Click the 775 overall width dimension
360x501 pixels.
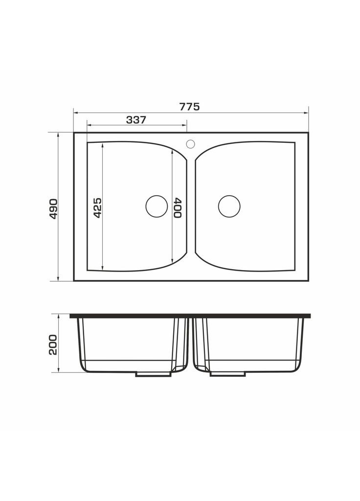pyautogui.click(x=189, y=107)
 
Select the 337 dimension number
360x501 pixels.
pyautogui.click(x=136, y=120)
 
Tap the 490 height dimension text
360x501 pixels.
pyautogui.click(x=53, y=208)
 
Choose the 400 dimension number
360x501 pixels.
pyautogui.click(x=178, y=207)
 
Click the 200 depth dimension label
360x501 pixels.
pyautogui.click(x=53, y=344)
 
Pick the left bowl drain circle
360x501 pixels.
pyautogui.click(x=157, y=206)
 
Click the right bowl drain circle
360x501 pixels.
pyautogui.click(x=229, y=206)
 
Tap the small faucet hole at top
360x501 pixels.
pyautogui.click(x=191, y=144)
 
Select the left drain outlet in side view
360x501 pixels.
pyautogui.click(x=153, y=374)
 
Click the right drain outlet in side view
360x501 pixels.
pyautogui.click(x=227, y=374)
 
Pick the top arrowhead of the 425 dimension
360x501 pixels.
pyautogui.click(x=103, y=146)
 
